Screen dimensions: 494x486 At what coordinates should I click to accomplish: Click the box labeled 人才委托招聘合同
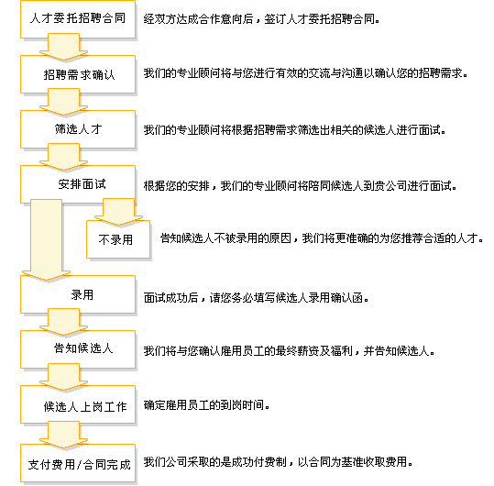78,19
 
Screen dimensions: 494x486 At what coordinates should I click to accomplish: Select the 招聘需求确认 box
78,74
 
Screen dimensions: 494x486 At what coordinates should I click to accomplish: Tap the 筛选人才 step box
78,129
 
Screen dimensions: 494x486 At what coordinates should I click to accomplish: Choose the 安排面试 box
78,184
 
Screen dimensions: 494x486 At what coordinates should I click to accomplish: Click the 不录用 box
118,239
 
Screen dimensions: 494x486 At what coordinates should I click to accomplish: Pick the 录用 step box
78,294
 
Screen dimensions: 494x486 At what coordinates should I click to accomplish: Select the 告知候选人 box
78,349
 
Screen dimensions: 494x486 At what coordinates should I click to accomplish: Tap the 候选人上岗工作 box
78,404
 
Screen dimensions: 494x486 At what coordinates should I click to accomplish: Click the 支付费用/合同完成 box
78,463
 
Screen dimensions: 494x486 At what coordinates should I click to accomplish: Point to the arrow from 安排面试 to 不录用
119,211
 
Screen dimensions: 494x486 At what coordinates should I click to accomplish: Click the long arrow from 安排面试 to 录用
47,239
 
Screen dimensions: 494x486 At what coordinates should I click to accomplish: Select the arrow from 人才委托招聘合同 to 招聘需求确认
63,47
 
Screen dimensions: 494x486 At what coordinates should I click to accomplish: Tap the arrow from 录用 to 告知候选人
63,322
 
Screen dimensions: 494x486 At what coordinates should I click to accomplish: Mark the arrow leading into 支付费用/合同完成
63,436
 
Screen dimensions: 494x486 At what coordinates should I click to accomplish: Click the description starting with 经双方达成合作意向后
261,19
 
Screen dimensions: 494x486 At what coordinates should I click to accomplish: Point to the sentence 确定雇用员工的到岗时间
207,405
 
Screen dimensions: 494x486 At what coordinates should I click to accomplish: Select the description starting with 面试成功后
256,297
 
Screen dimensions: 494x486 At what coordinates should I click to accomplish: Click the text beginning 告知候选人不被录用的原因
322,238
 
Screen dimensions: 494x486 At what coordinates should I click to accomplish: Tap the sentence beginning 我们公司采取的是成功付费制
279,462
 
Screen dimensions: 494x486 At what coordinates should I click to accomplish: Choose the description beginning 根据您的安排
301,186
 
